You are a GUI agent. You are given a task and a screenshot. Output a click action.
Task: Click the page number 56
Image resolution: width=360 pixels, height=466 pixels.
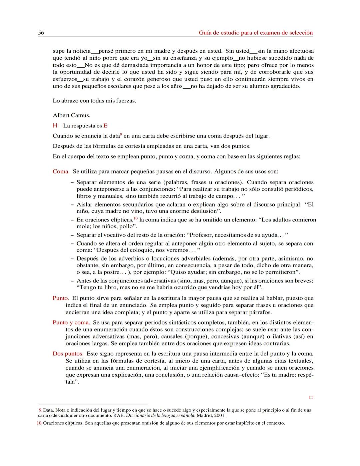pos(41,33)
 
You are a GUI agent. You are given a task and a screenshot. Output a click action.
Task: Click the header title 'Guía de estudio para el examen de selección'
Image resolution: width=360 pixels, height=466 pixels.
pos(256,33)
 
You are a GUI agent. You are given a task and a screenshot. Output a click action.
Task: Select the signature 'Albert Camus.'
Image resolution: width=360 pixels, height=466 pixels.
pos(71,115)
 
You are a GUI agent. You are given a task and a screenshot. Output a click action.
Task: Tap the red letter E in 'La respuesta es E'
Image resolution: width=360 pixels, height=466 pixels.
pos(105,126)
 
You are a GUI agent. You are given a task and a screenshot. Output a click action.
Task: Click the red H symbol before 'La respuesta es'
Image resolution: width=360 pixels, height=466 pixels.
pos(55,126)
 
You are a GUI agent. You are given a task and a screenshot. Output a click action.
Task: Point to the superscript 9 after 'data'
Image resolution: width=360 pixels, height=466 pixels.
pos(121,134)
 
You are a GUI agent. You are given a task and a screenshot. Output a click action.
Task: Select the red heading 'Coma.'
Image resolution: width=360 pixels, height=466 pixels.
pos(61,171)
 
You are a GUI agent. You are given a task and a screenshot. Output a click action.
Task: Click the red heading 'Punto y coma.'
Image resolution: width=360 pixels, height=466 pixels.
pos(71,323)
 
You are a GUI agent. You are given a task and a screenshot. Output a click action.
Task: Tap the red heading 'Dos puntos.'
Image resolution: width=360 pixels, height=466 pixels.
pos(68,354)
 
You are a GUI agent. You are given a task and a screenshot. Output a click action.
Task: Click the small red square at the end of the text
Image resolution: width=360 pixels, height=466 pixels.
pos(311,398)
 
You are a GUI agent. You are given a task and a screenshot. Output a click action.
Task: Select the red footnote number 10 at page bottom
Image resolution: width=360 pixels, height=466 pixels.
pos(39,423)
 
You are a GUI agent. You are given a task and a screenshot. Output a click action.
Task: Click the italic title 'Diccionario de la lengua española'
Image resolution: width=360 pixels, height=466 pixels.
pos(160,416)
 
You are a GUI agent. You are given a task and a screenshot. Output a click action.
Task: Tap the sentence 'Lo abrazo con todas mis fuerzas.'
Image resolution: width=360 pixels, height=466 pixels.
pos(94,100)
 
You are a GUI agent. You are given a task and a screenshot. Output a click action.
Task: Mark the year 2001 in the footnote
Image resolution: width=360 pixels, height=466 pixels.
pos(220,416)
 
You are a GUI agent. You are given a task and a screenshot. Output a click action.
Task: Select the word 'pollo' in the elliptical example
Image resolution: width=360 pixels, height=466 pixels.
pos(126,226)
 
